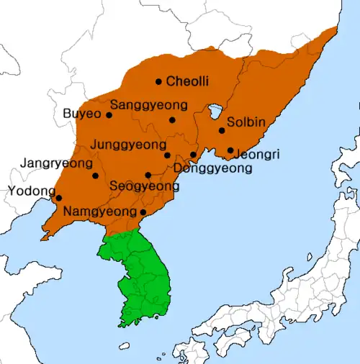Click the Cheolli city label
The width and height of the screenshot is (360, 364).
point(187,82)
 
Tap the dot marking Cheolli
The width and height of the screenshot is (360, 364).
point(158,81)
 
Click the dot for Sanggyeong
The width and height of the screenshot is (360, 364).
point(172,119)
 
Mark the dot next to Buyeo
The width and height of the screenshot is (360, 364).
point(109,114)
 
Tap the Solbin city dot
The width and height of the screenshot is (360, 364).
point(222,130)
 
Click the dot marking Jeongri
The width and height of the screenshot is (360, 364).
point(230,150)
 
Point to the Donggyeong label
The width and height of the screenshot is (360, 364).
point(213,169)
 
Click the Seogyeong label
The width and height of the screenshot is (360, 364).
point(145,186)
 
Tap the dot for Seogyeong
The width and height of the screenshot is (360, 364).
point(148,175)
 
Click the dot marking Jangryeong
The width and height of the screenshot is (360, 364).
point(95,176)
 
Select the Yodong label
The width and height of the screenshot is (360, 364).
point(31,191)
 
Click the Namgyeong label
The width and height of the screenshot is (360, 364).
point(100,212)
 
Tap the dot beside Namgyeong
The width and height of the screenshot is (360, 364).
point(143,212)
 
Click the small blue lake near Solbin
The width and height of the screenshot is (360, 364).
point(215,112)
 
